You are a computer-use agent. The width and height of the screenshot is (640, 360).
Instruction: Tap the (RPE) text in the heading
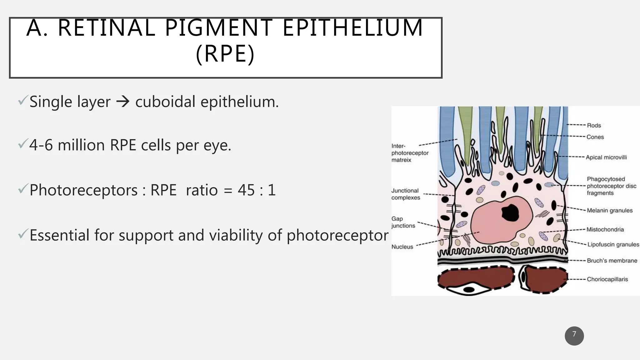tap(225, 54)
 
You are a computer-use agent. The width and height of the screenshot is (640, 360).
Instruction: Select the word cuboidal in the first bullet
tap(165, 102)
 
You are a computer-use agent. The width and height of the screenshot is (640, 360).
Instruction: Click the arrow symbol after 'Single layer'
tap(123, 102)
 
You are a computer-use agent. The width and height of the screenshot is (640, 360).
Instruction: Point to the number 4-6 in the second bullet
tap(41, 145)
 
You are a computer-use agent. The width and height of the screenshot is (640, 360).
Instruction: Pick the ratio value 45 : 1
tap(257, 190)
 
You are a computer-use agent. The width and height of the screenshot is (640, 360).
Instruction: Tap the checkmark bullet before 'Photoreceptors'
tap(23, 188)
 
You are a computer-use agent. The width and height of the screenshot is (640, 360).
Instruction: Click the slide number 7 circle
tap(574, 336)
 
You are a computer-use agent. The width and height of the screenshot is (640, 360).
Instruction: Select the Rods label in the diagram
tap(594, 126)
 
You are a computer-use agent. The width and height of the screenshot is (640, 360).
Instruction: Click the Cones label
tap(595, 137)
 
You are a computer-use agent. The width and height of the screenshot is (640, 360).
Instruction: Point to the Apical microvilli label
tap(606, 157)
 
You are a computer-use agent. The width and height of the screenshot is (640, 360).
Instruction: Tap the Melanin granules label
tap(610, 211)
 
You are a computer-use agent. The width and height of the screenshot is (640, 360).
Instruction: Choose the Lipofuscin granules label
tap(613, 245)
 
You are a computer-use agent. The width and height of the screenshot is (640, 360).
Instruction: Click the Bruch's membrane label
tap(612, 261)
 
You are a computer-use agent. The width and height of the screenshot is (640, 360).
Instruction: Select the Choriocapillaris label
tap(607, 279)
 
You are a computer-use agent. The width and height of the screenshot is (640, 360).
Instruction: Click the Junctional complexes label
tap(406, 194)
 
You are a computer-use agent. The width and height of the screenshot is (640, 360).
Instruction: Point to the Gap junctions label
tap(403, 222)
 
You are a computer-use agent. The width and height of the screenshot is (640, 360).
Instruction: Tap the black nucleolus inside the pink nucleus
tap(510, 212)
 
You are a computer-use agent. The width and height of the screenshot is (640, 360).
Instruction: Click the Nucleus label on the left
tap(402, 247)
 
